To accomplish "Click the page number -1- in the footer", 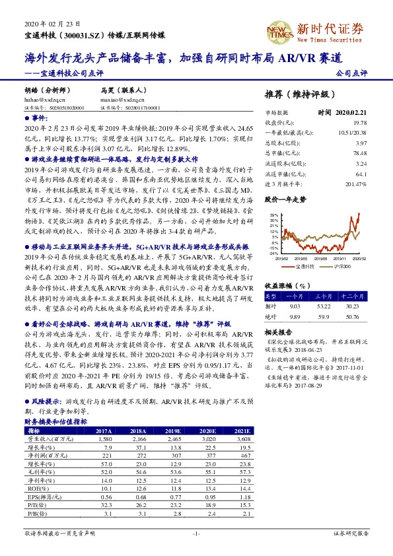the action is tap(196, 533).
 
